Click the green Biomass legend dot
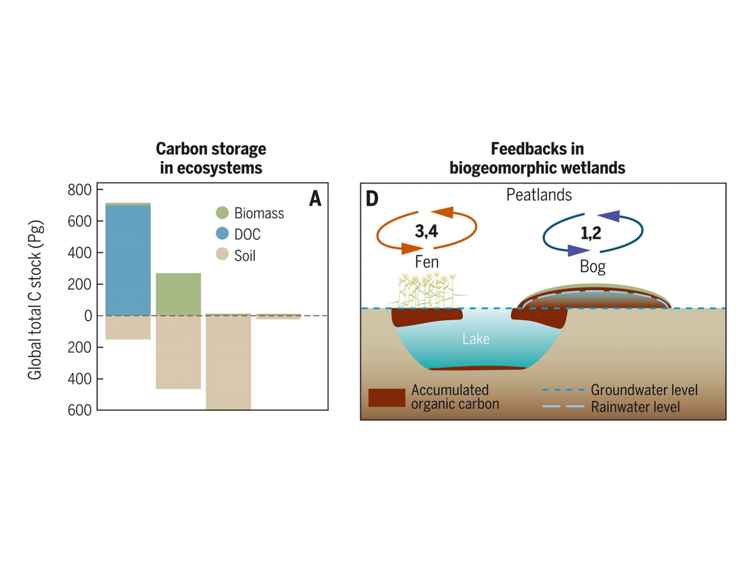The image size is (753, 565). tap(222, 213)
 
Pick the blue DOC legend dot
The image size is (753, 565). tap(222, 234)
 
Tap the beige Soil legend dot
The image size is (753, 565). tap(222, 255)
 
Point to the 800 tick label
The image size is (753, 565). tap(80, 190)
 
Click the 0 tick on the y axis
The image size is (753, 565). tap(87, 316)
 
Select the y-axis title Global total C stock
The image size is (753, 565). tap(35, 300)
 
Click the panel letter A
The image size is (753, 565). tap(314, 199)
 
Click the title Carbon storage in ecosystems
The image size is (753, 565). tap(211, 158)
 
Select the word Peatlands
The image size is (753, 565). tap(538, 195)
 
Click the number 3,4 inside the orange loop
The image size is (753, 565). tap(426, 232)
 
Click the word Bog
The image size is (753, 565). tap(593, 267)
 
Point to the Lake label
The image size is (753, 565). tap(476, 340)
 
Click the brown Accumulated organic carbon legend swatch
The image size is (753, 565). tap(386, 397)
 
